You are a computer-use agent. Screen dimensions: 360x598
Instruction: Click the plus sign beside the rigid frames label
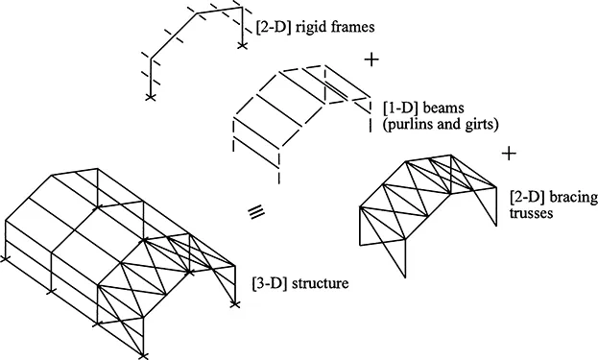(x=373, y=60)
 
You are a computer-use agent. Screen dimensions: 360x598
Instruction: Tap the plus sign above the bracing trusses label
(x=510, y=153)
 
